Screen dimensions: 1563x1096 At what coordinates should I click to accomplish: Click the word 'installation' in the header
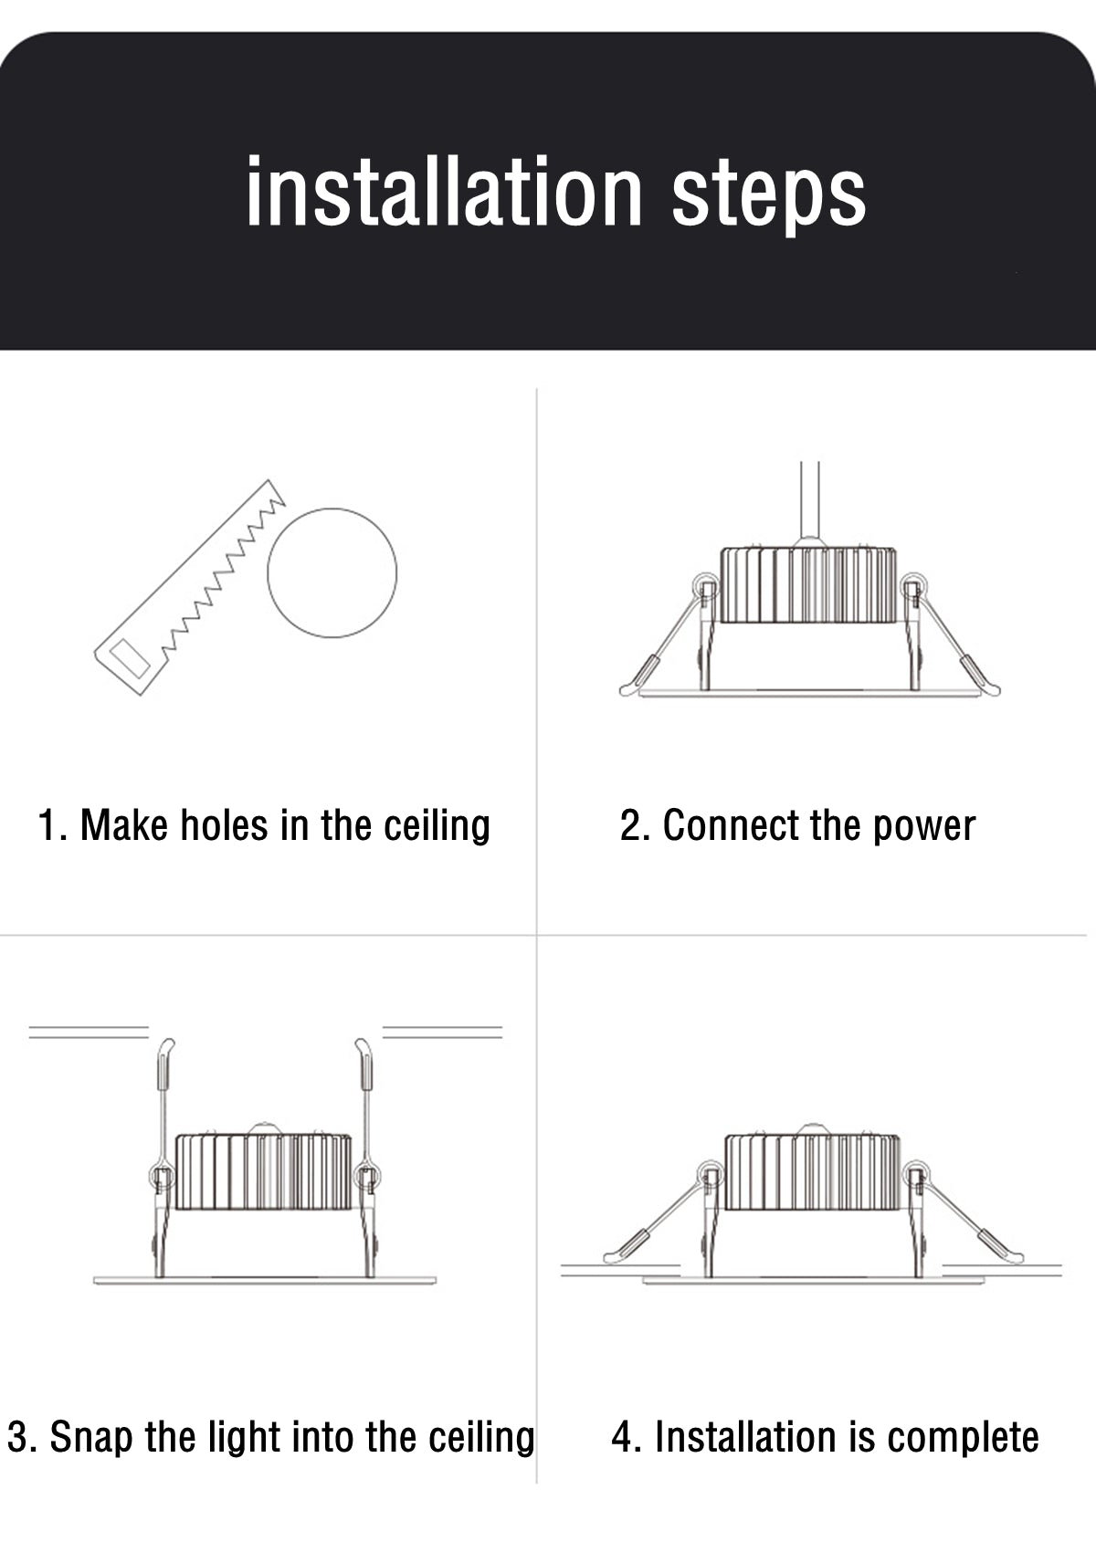[445, 192]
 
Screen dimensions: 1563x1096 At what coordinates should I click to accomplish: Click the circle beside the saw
[332, 572]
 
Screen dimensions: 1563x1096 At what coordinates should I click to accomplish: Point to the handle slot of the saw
[130, 658]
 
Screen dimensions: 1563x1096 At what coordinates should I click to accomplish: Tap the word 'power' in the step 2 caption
[923, 827]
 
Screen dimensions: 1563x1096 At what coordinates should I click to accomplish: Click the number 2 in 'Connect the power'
[629, 825]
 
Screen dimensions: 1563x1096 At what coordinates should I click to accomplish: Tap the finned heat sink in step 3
[263, 1171]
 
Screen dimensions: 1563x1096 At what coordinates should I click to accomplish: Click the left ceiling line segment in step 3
[89, 1032]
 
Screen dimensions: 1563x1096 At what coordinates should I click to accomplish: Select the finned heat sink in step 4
[812, 1171]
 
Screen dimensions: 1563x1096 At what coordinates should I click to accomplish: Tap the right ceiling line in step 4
[1002, 1269]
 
